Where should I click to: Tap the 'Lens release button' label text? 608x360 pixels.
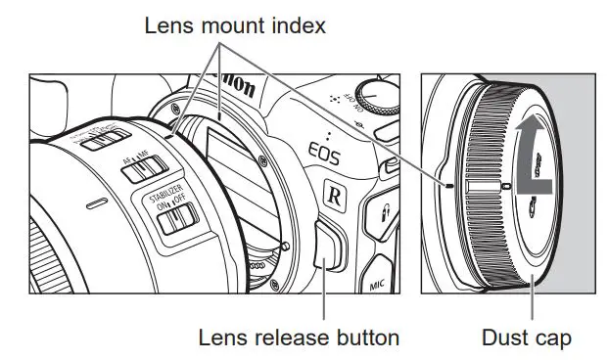299,337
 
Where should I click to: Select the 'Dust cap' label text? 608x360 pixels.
527,337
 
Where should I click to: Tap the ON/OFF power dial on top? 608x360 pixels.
378,99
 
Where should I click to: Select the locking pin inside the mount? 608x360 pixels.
285,246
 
